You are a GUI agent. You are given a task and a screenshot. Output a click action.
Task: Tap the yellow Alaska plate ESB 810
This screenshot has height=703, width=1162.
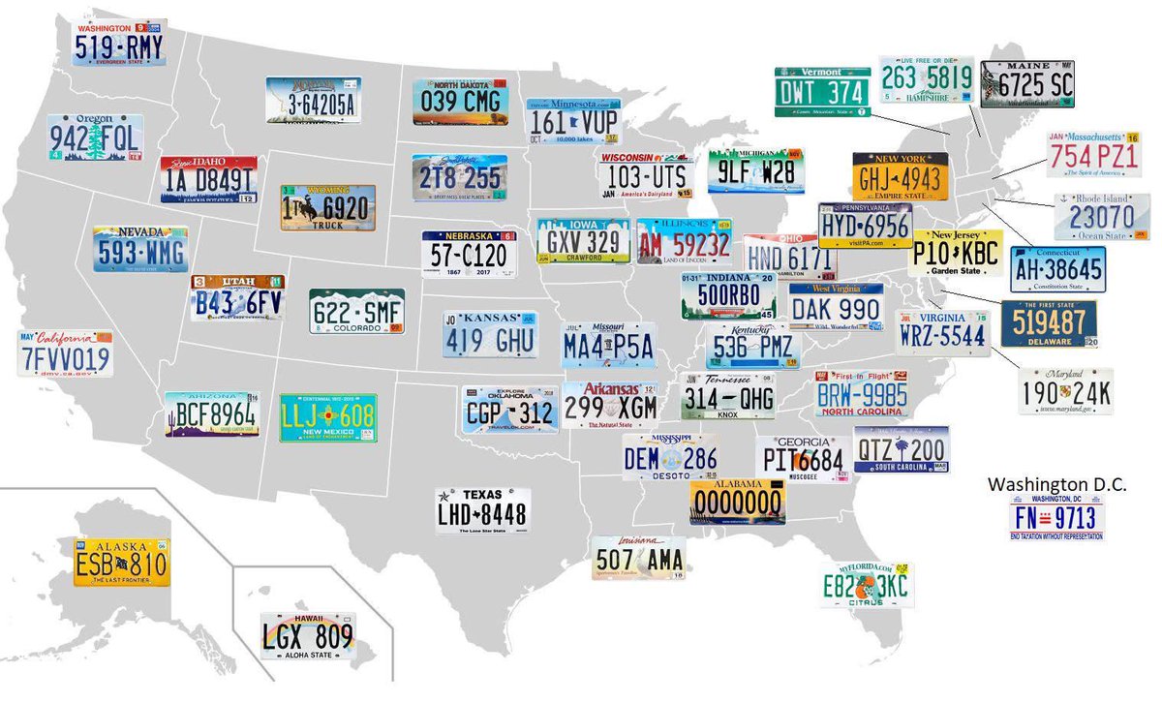121,563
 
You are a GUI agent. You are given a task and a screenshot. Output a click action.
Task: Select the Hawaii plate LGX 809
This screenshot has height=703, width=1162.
308,636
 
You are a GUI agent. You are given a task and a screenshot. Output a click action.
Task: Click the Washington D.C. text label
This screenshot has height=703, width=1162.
1056,483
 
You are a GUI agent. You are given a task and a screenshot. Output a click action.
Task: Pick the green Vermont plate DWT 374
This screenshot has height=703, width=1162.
822,92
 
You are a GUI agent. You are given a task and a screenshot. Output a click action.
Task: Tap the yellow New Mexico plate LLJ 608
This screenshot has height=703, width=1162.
328,417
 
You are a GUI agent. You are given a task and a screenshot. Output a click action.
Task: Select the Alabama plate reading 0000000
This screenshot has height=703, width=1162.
737,502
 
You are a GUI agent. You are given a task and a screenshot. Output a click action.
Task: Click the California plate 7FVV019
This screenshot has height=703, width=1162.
65,354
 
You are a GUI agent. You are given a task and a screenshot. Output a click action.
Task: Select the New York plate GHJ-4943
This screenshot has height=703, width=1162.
901,176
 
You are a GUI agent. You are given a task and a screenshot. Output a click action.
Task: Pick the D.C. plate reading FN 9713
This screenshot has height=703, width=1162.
1056,516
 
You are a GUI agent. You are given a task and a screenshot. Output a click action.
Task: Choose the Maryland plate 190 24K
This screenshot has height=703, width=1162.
1065,391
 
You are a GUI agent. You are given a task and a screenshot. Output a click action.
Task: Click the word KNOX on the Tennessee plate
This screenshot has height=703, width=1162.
727,414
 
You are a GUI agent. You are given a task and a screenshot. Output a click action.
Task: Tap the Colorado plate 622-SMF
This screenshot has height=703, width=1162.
356,311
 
